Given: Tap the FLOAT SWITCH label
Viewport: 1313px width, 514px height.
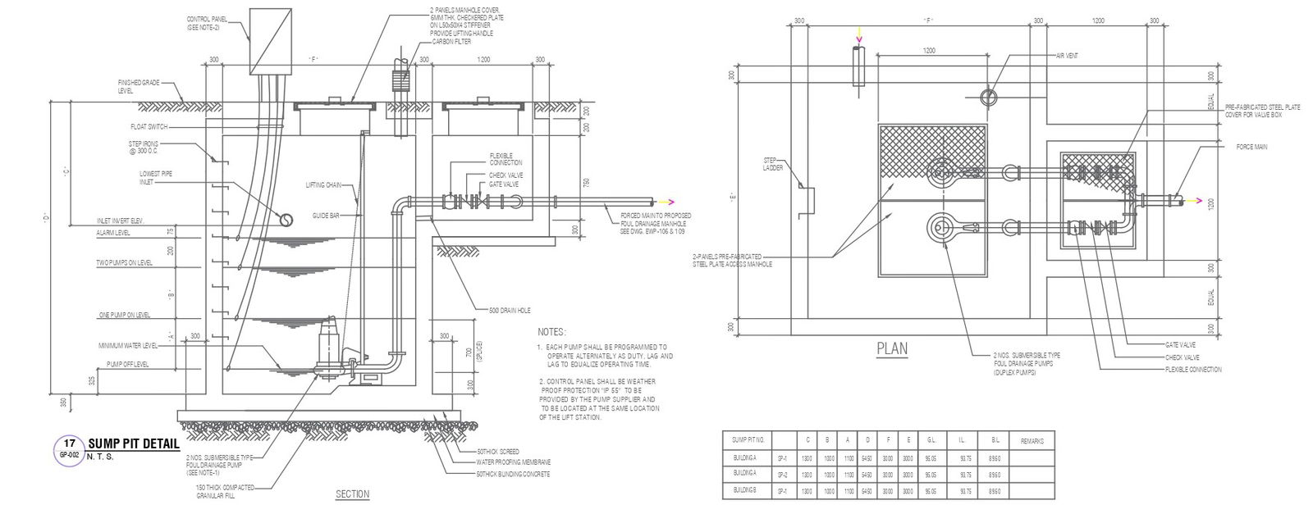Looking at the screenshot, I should (x=149, y=127).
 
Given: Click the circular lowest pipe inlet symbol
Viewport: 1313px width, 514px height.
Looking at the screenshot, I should (x=286, y=220).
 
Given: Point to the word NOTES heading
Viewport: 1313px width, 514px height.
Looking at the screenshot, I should (x=551, y=333).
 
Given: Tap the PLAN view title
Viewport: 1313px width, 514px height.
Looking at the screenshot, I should (x=892, y=348).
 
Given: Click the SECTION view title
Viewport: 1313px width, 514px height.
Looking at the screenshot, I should (x=353, y=494).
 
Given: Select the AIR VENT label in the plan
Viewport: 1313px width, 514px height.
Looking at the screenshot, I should (x=1067, y=57).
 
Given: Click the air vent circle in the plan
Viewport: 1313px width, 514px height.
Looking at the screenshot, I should (x=989, y=97).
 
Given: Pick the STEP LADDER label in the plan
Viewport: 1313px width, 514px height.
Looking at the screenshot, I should (x=773, y=164).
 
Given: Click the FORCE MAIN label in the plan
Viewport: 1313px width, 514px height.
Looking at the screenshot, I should (x=1252, y=147).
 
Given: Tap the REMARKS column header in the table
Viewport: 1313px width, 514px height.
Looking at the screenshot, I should (x=1032, y=441).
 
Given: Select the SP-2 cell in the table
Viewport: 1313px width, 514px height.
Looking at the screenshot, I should (x=782, y=475).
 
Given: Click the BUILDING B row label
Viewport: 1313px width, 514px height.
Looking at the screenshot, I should (x=744, y=491).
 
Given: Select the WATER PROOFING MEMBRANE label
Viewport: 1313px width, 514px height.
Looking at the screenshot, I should (x=513, y=462).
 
